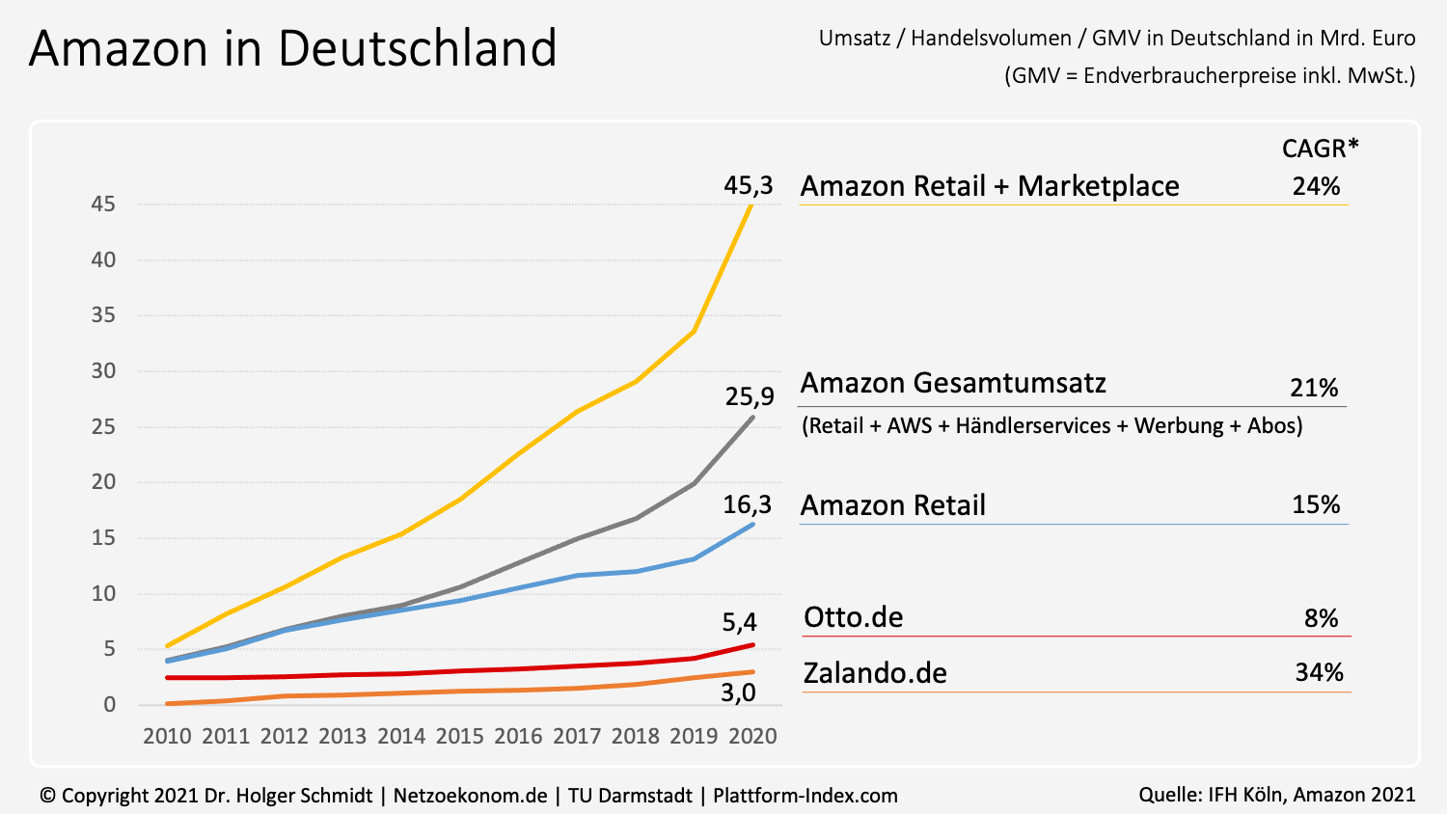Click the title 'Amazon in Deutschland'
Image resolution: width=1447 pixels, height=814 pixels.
click(x=293, y=48)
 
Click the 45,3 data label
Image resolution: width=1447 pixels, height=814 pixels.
click(x=748, y=185)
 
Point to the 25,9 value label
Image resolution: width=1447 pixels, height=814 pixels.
click(x=750, y=396)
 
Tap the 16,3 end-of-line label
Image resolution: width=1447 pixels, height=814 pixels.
click(x=748, y=504)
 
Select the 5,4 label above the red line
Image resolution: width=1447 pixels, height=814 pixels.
click(x=740, y=622)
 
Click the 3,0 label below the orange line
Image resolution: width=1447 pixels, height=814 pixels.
click(x=738, y=692)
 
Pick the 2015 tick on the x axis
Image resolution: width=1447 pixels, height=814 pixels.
click(x=460, y=736)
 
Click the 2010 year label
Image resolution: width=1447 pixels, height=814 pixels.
click(x=168, y=736)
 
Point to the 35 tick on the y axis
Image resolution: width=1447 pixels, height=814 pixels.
click(x=103, y=315)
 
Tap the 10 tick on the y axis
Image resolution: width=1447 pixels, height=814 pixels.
click(x=103, y=593)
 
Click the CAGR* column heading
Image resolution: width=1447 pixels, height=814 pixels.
click(x=1320, y=149)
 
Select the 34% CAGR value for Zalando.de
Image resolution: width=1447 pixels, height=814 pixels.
click(x=1319, y=672)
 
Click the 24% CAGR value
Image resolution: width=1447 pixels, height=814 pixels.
click(x=1316, y=186)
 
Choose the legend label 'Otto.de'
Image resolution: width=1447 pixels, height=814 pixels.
click(x=854, y=617)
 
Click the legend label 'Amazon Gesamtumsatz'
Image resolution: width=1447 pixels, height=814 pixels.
click(x=953, y=383)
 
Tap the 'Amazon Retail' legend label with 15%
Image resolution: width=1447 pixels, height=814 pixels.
click(x=893, y=505)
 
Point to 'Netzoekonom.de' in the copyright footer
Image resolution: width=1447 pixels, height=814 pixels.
click(x=470, y=796)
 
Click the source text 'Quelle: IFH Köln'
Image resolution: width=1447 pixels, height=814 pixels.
click(x=1212, y=795)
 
